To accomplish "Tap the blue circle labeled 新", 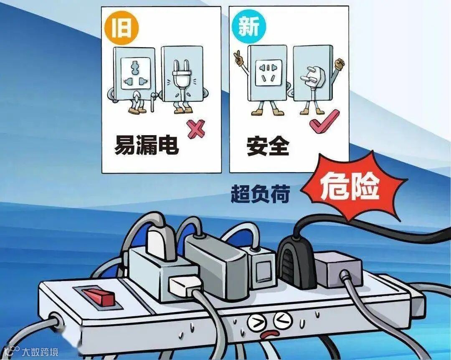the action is click(249, 27).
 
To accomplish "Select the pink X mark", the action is click(196, 130).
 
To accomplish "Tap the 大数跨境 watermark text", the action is click(40, 352).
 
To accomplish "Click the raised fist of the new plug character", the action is click(340, 64).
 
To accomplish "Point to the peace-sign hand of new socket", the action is click(238, 57).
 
